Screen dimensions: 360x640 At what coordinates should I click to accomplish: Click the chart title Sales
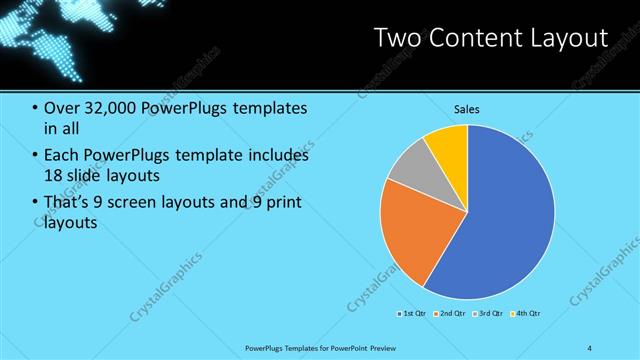467,108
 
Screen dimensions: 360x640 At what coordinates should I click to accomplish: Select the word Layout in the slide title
573,39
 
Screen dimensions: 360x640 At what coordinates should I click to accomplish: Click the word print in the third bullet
283,203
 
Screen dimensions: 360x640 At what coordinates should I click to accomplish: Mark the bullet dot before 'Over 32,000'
35,108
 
